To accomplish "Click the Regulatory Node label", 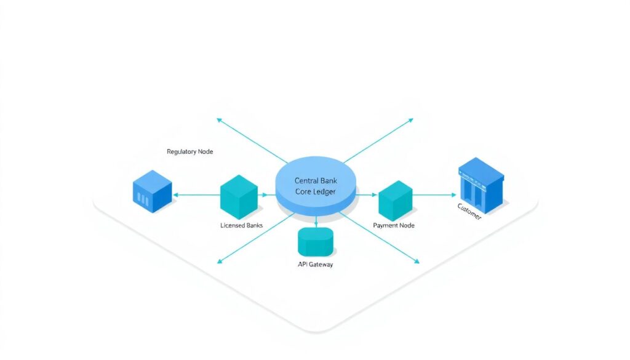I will point(189,151).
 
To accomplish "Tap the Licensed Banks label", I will point(241,225).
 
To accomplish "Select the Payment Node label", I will point(394,225).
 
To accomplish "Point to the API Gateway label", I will point(315,265).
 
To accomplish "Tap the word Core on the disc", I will point(303,192).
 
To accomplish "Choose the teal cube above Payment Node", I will point(395,200).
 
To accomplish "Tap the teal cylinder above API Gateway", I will point(315,241).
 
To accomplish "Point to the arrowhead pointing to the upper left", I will point(218,118).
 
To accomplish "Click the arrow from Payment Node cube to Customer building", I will point(434,195).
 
